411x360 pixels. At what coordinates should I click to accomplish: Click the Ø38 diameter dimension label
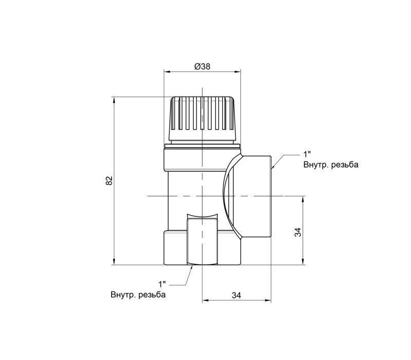[x=202, y=66]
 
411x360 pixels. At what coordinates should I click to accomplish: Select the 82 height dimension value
[x=109, y=181]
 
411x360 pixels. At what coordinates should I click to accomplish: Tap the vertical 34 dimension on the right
[x=298, y=232]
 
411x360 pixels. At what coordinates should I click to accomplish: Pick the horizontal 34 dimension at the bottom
[x=236, y=295]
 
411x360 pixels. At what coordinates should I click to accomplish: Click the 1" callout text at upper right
[x=307, y=153]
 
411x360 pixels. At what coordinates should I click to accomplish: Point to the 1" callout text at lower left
[x=162, y=284]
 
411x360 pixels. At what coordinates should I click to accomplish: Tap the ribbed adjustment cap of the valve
[x=202, y=119]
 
